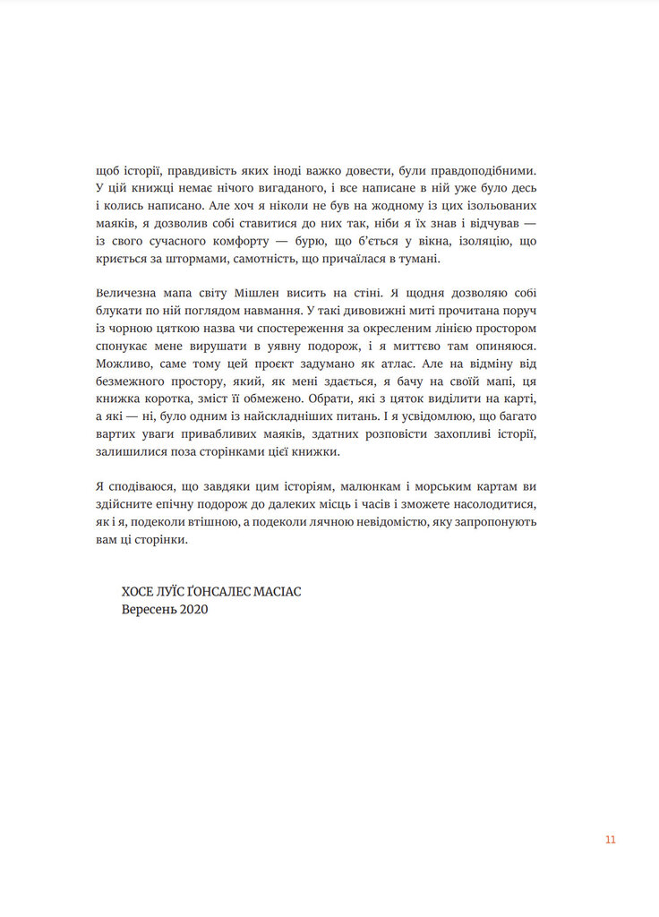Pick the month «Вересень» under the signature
[150, 610]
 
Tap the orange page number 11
[610, 839]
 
